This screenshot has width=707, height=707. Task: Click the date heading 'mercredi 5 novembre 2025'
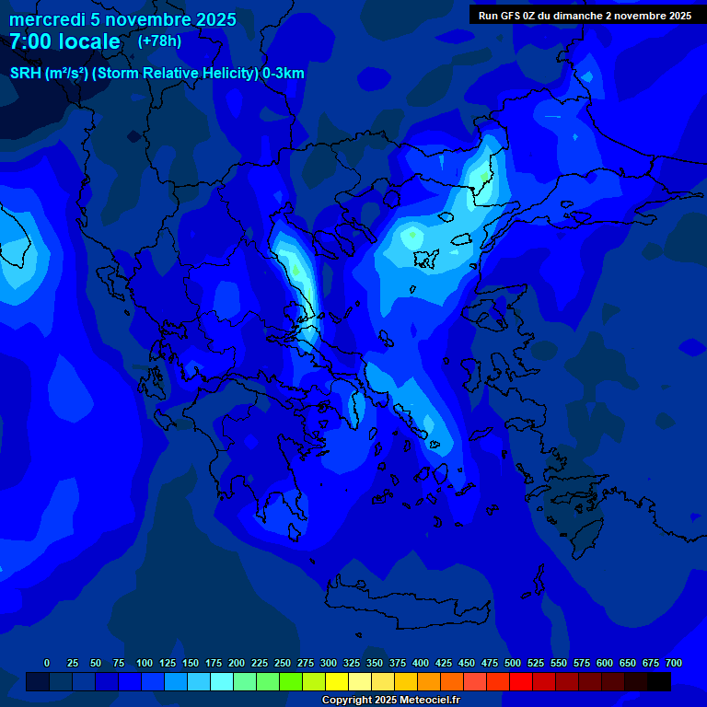click(122, 19)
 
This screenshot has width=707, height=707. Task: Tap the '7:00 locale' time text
click(64, 41)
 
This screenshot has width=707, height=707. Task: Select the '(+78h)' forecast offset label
click(159, 41)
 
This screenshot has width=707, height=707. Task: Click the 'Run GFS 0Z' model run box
click(585, 16)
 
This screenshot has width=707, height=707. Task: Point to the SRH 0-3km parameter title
click(156, 74)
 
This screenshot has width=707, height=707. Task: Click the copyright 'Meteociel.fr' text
click(390, 701)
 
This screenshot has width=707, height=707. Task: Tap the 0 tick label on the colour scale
click(46, 663)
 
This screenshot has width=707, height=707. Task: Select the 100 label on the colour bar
click(145, 663)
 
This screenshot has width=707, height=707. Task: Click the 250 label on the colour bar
click(283, 663)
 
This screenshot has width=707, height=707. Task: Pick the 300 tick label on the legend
click(329, 663)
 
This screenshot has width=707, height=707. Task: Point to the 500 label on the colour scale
click(513, 663)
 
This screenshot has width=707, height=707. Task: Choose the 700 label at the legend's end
click(673, 663)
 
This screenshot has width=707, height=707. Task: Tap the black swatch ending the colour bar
click(659, 682)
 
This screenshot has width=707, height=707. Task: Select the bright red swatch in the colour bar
click(521, 682)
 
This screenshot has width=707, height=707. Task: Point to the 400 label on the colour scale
click(421, 663)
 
